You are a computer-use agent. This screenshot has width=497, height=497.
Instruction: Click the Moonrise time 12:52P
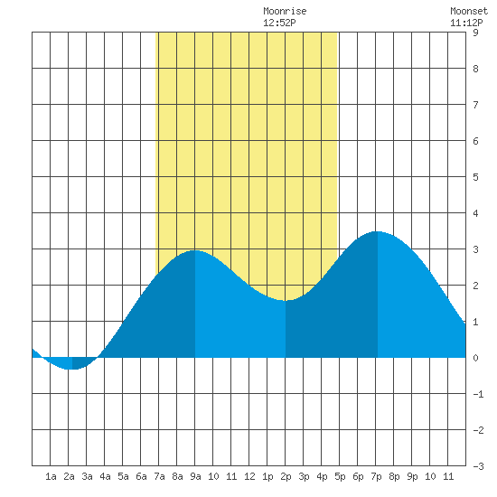pos(279,23)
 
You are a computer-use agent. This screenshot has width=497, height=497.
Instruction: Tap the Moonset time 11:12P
pos(466,23)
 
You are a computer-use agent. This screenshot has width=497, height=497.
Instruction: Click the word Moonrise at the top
pos(285,11)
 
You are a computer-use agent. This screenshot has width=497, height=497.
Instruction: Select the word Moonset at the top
pos(469,11)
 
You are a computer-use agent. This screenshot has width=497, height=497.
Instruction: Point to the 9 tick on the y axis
pos(475,33)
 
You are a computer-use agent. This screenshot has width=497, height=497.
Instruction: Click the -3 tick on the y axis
pos(478,466)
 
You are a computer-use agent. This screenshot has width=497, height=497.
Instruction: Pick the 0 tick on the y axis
pos(475,358)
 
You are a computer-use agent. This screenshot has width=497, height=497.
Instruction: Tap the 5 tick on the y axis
pos(475,177)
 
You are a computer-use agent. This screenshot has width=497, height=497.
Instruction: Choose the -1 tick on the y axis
pos(478,394)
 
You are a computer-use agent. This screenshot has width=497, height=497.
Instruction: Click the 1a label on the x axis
pos(51,476)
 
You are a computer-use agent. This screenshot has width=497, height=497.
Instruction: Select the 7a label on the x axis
pos(159,476)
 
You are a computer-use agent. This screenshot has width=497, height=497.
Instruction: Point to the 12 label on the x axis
pos(249,476)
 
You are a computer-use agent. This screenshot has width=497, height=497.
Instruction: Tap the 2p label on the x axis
pos(286,476)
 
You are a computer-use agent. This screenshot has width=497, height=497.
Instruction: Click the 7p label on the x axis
pos(376,476)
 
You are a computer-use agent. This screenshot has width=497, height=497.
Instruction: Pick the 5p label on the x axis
pos(340,476)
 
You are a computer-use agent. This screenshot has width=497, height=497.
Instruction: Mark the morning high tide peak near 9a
pos(195,250)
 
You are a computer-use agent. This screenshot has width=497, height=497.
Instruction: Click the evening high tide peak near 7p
pos(377,231)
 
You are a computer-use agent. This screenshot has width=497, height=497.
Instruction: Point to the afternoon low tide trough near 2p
pos(286,300)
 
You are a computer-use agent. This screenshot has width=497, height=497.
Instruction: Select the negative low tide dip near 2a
pos(72,370)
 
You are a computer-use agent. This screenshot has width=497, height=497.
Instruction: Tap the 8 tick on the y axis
pos(475,69)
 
